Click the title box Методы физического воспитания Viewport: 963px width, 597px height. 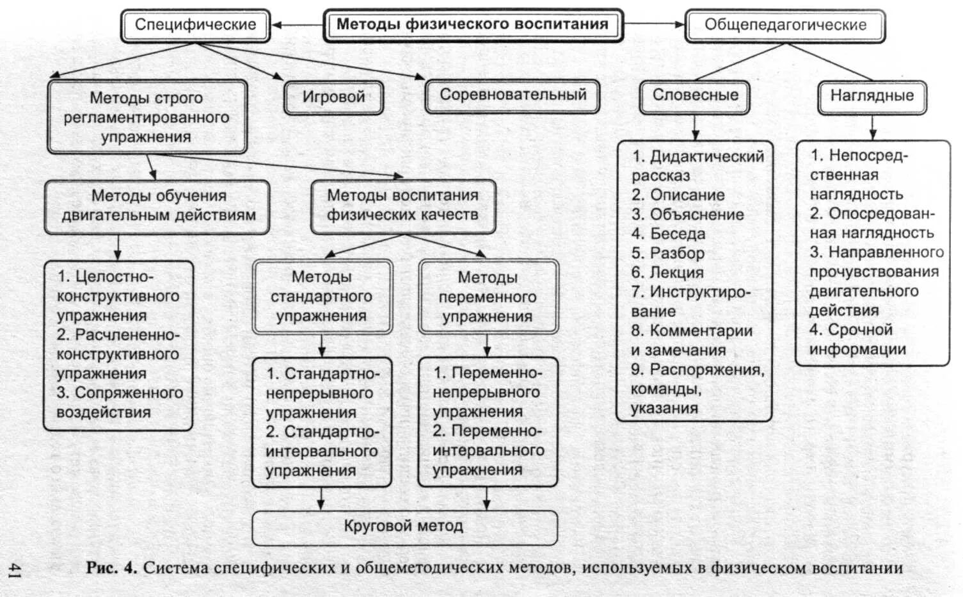473,25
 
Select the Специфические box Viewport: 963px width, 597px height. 195,25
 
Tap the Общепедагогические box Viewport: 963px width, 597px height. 785,25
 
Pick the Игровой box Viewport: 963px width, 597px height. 333,97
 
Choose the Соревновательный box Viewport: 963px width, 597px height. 513,95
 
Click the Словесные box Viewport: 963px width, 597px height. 695,95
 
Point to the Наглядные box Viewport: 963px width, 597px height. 871,96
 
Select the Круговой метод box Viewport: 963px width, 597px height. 404,527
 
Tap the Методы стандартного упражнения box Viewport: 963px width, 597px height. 321,296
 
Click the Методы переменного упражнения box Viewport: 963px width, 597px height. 488,297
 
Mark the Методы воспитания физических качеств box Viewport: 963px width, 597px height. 402,205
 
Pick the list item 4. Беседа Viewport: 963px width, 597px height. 669,234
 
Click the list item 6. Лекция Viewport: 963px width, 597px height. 667,273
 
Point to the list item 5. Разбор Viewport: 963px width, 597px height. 668,253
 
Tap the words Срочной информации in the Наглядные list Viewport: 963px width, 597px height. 857,339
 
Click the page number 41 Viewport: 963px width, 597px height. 14,570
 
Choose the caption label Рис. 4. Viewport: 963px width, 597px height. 112,568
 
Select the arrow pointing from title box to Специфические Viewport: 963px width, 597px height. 298,25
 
